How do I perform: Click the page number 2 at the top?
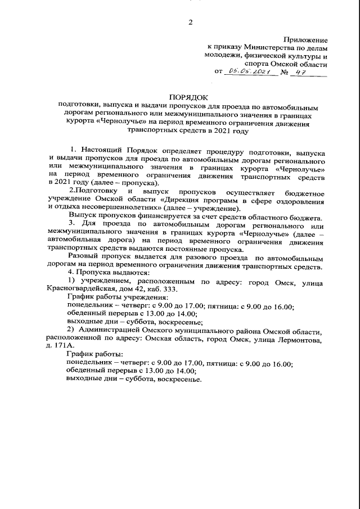pos(190,22)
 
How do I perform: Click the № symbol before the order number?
pos(285,73)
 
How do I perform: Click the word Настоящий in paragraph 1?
pos(105,151)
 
